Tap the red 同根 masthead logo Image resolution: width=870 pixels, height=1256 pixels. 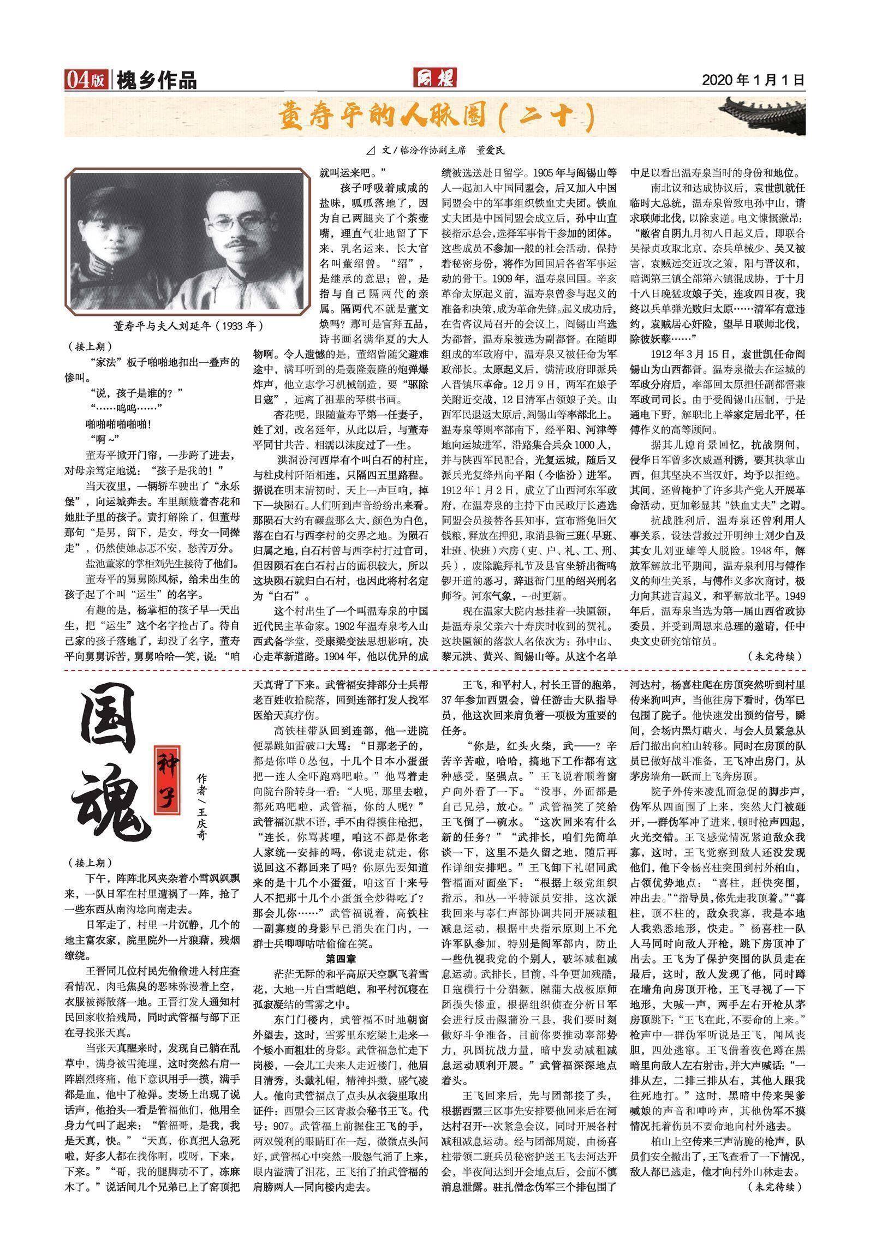coord(434,79)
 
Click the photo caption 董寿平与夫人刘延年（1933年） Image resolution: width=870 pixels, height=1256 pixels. coord(188,326)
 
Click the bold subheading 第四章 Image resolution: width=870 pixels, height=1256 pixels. coord(342,959)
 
